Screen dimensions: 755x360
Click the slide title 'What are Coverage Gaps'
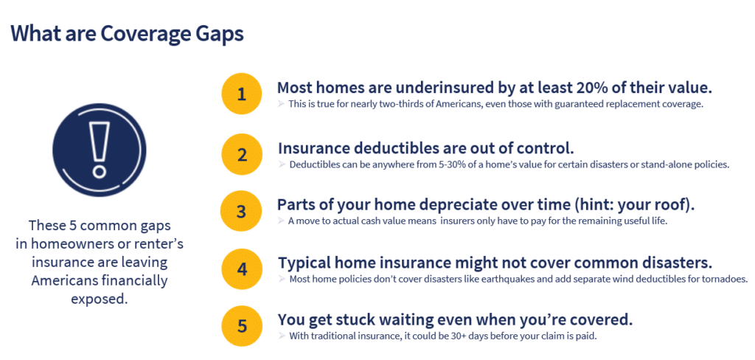click(127, 35)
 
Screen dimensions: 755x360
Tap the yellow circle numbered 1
click(241, 94)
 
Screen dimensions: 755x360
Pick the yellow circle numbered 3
click(241, 212)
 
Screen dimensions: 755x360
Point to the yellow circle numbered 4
click(241, 269)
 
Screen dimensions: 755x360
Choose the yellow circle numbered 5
click(241, 326)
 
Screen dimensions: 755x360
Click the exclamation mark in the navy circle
click(100, 149)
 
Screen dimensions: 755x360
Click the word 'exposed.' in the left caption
click(100, 299)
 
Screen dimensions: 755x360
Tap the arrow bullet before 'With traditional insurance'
click(282, 336)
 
